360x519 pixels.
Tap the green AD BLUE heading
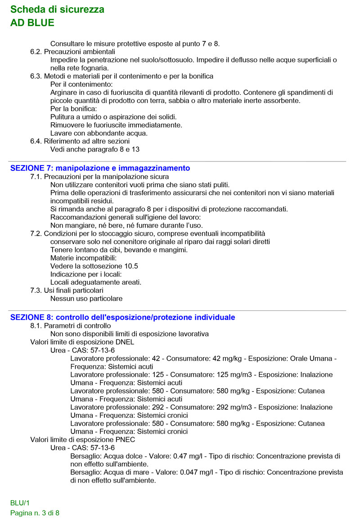pos(32,23)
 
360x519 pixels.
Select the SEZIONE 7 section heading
pos(100,168)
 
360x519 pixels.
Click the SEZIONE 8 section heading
pos(122,318)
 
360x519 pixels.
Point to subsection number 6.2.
pos(36,52)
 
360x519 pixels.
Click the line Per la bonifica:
pos(74,109)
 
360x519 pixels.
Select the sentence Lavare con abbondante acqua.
pos(99,133)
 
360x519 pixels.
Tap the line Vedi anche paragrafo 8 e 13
pos(98,149)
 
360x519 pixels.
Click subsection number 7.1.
pos(36,177)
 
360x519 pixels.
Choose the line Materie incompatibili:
pos(83,258)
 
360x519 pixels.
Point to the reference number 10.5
pos(130,266)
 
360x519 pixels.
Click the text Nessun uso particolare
pos(86,299)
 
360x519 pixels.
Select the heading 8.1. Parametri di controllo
pos(71,326)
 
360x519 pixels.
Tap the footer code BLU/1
pos(20,503)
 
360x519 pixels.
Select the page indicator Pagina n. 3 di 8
pos(35,513)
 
